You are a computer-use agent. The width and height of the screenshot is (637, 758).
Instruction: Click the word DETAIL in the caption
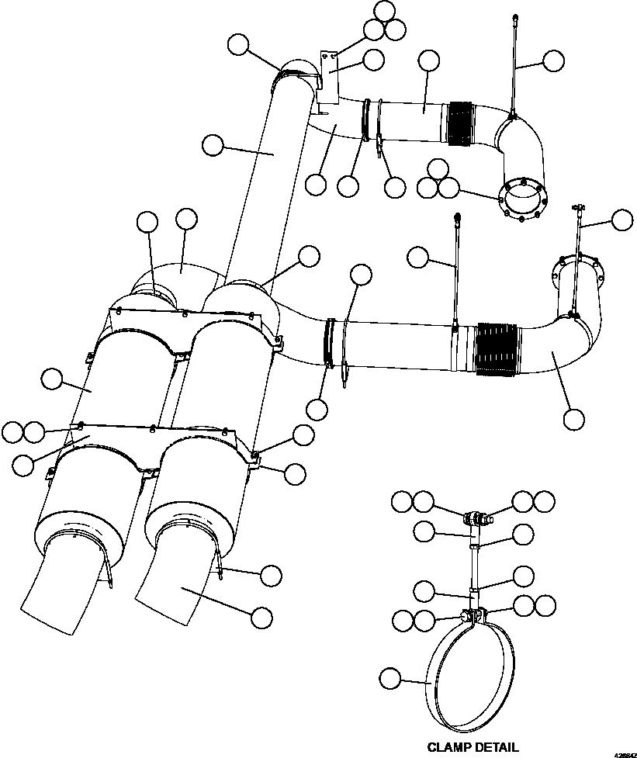point(497,747)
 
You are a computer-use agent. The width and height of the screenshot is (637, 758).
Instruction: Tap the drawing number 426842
point(624,753)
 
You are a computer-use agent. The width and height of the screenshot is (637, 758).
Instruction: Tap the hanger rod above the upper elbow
point(514,66)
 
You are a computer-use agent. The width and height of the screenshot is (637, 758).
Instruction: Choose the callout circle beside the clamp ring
point(390,680)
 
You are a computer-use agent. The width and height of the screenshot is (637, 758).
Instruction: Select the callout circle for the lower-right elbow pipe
point(574,419)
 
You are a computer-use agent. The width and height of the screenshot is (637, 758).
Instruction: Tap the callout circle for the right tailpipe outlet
point(262,616)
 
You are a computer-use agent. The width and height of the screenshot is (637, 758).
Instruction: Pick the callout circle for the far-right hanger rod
point(622,220)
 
